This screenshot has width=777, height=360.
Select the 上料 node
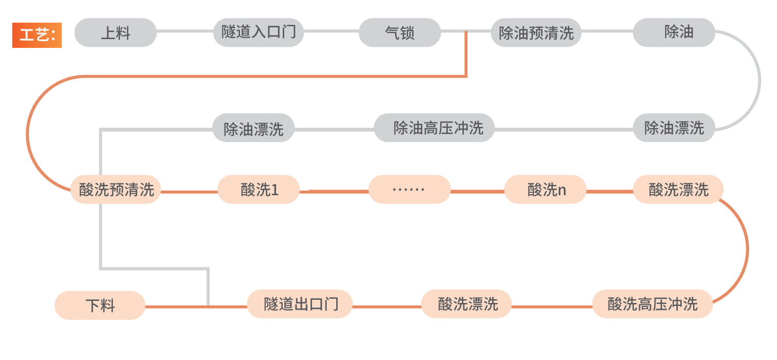[115, 32]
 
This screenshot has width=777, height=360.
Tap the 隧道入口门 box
[258, 32]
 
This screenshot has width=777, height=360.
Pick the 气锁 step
[400, 32]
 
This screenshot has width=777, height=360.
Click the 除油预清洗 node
[536, 32]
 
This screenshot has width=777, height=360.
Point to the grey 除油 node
[674, 32]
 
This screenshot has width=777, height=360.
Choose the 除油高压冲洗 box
[434, 128]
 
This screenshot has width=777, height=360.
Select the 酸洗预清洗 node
[116, 190]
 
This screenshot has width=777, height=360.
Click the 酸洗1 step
[258, 190]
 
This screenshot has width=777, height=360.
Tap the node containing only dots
[409, 190]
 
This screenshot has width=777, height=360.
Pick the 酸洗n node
[545, 190]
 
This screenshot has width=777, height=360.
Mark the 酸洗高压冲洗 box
[652, 304]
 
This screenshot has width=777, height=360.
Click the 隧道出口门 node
[300, 304]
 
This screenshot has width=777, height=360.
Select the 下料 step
[100, 305]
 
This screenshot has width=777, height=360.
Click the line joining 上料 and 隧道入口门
[185, 31]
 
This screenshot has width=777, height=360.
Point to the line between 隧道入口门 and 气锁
[331, 31]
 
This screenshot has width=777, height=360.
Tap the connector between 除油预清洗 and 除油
[607, 31]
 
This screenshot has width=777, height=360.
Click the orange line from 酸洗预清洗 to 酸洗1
[189, 192]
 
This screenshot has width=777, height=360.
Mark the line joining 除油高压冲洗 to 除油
[564, 129]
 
